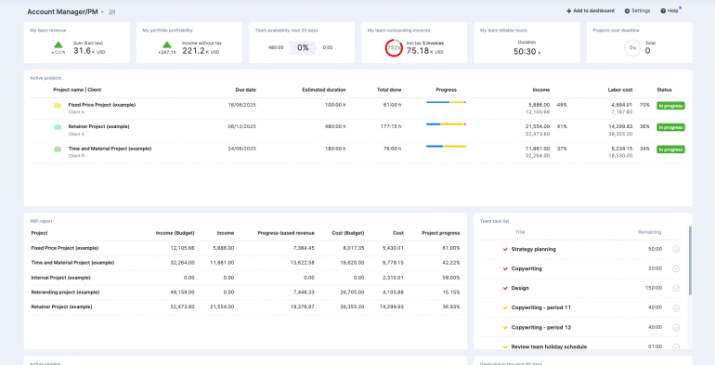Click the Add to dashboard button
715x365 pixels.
click(x=591, y=10)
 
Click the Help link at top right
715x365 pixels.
click(x=669, y=10)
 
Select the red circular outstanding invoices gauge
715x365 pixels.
click(x=394, y=48)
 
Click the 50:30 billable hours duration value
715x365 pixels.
click(x=524, y=52)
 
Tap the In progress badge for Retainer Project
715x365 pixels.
click(x=669, y=127)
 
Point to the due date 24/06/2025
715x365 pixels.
click(x=241, y=148)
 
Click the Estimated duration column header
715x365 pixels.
click(x=324, y=89)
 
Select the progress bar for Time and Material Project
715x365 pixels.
click(x=446, y=146)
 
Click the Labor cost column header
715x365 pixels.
click(x=620, y=89)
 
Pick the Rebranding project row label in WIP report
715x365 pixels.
click(x=65, y=292)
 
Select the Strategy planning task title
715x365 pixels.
click(x=533, y=249)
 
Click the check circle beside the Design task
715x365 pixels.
click(x=676, y=288)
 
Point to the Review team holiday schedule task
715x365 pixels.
click(x=549, y=346)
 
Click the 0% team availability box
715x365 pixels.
click(x=303, y=47)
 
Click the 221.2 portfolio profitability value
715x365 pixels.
click(x=194, y=51)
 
